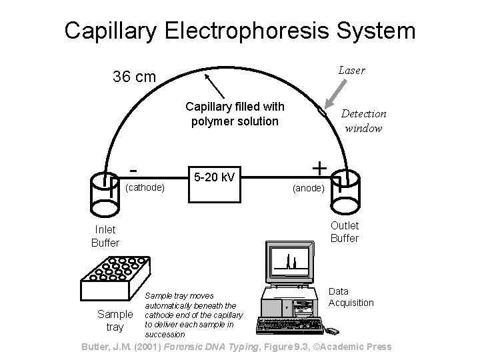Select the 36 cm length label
click(x=135, y=77)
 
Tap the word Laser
click(x=351, y=70)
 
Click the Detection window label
click(x=363, y=121)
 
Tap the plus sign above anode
click(x=319, y=167)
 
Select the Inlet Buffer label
click(x=105, y=236)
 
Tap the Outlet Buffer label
click(x=345, y=231)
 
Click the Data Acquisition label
click(x=351, y=297)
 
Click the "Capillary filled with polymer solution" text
click(x=235, y=113)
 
